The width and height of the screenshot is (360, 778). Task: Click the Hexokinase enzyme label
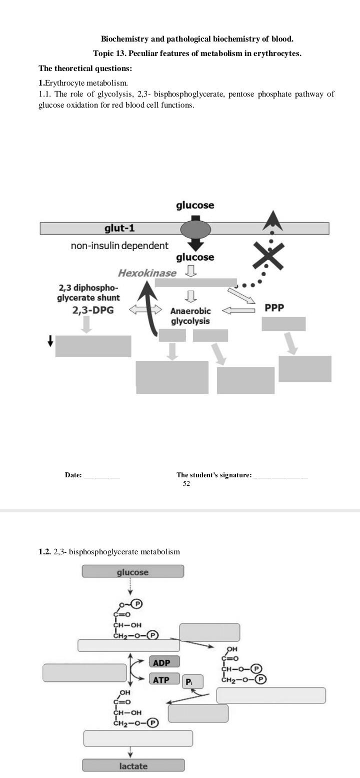click(147, 273)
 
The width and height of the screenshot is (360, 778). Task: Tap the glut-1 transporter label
click(119, 229)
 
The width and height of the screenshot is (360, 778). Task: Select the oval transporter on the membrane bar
click(195, 230)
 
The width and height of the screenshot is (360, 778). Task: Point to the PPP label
click(274, 308)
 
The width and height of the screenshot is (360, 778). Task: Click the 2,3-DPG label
click(93, 310)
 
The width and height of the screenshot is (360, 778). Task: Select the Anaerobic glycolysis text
click(190, 316)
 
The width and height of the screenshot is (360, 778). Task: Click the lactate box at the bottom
click(133, 765)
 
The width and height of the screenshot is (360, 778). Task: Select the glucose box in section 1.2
click(132, 571)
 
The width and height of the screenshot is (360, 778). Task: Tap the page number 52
click(186, 484)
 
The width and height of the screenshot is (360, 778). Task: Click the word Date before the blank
click(73, 475)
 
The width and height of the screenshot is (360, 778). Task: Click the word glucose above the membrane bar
click(195, 206)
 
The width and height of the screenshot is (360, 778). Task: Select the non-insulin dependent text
click(119, 246)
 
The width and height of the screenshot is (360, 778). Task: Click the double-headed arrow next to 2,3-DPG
click(145, 310)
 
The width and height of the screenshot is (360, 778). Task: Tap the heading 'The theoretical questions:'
click(85, 69)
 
